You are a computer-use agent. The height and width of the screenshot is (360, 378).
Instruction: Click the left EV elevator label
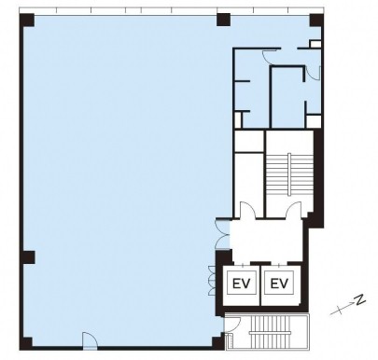[x=242, y=284]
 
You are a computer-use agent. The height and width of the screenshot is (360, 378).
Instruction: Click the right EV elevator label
[x=279, y=284]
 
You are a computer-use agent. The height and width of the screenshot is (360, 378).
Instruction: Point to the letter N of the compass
[x=360, y=299]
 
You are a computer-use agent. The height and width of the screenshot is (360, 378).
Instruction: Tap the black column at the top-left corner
[x=27, y=21]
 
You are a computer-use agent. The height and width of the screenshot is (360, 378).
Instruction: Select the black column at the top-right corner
[x=316, y=21]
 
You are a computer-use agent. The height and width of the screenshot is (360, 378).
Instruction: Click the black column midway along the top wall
[x=223, y=20]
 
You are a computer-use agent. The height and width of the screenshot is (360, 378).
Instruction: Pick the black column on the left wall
[x=27, y=257]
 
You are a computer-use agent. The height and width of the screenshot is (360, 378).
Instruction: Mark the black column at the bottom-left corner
[x=26, y=343]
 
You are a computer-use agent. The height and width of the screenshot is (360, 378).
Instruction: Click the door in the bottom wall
[x=90, y=339]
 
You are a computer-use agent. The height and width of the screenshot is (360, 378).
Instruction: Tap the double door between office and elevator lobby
[x=223, y=234]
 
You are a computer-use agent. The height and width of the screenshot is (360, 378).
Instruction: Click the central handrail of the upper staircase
[x=289, y=174]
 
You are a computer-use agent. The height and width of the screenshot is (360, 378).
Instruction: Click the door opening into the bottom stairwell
[x=232, y=325]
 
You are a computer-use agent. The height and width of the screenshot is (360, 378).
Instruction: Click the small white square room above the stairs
[x=249, y=142]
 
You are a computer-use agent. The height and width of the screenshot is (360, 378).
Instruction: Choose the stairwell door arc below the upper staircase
[x=294, y=210]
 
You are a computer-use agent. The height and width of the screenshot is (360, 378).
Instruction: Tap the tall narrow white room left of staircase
[x=249, y=184]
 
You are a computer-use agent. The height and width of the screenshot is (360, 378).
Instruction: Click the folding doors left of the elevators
[x=212, y=281]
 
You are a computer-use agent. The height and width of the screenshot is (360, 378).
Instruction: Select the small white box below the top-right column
[x=315, y=44]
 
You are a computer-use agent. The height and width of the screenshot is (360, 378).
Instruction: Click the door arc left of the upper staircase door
[x=248, y=210]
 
